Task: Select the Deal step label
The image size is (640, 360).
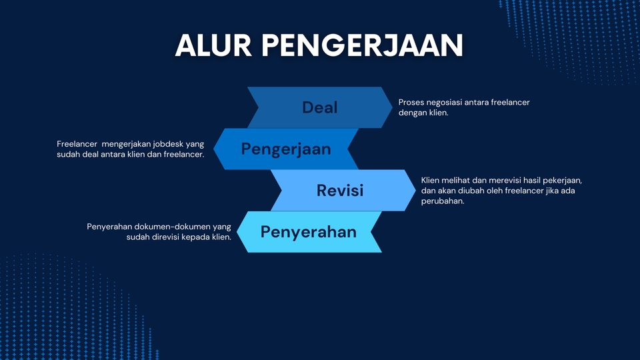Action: pyautogui.click(x=320, y=107)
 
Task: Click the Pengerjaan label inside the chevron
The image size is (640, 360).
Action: pyautogui.click(x=286, y=149)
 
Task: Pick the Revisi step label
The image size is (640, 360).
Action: pyautogui.click(x=340, y=190)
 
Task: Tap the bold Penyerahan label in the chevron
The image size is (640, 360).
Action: pyautogui.click(x=308, y=232)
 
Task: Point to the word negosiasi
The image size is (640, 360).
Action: pyautogui.click(x=448, y=102)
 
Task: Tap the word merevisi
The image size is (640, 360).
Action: pyautogui.click(x=496, y=181)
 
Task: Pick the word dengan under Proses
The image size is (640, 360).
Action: pyautogui.click(x=412, y=113)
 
